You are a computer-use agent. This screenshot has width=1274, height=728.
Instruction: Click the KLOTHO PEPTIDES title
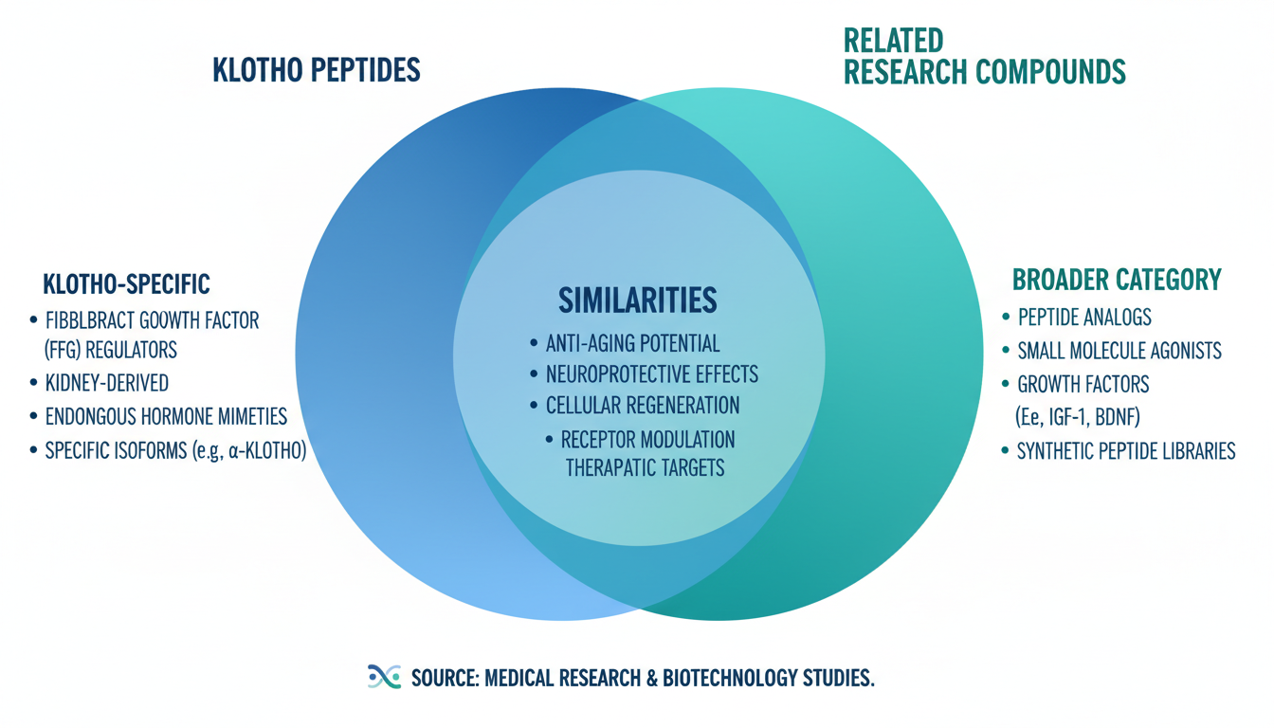coord(317,70)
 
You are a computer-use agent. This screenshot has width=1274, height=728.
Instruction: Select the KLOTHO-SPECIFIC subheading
coord(126,283)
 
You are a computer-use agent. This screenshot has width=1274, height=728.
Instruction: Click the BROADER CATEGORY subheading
coord(1117,280)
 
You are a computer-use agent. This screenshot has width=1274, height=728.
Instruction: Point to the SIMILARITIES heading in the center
coord(637,300)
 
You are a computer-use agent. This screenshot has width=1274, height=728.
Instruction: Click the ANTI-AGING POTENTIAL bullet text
coord(632,343)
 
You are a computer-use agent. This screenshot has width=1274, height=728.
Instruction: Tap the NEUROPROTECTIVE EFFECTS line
coord(651,373)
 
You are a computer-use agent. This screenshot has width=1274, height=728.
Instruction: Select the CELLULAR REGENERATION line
coord(643,405)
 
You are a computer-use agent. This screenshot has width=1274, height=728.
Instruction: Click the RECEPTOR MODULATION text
coord(647,440)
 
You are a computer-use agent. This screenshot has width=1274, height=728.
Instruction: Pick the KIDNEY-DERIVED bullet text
coord(106,383)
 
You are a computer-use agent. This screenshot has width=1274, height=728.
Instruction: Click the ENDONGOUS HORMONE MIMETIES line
coord(166,416)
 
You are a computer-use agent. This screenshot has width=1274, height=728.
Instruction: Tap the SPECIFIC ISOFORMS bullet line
coord(175,450)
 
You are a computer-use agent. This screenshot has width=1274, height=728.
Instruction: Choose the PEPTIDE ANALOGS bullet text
coord(1084,318)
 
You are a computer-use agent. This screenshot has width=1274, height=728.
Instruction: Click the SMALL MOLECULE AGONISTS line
coord(1119,351)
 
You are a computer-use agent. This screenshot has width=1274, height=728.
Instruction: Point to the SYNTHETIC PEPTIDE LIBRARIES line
coord(1126,451)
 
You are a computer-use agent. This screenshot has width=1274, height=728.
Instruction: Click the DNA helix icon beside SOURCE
coord(383,676)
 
